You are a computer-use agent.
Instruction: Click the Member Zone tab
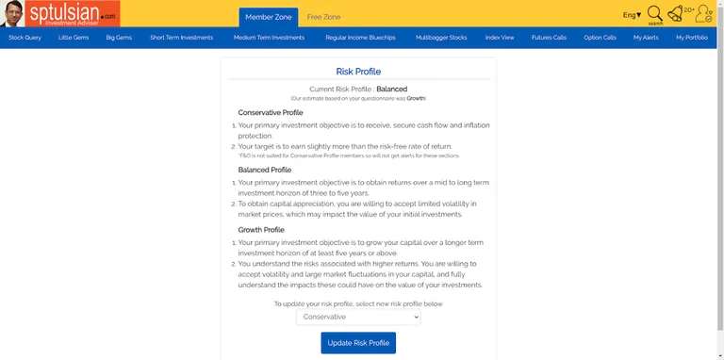(x=269, y=17)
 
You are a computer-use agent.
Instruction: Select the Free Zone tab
(x=323, y=17)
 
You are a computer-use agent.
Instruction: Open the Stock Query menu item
(x=25, y=38)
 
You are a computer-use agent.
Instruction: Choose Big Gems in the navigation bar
(x=120, y=38)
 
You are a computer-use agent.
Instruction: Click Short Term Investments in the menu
(x=182, y=38)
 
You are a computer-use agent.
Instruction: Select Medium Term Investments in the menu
(x=269, y=38)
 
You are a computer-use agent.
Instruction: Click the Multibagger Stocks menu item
(x=440, y=38)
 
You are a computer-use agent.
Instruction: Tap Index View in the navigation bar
(x=500, y=38)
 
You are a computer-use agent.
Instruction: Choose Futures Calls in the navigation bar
(x=549, y=38)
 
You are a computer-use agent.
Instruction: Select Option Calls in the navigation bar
(x=600, y=38)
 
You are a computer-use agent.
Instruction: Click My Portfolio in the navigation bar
(x=692, y=38)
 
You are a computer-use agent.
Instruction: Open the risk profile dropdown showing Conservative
(x=358, y=317)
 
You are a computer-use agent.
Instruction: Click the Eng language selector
(x=632, y=15)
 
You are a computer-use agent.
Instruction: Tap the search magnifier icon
(x=654, y=14)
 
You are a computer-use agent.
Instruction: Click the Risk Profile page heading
(x=358, y=71)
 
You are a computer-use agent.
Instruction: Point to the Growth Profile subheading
(x=261, y=229)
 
